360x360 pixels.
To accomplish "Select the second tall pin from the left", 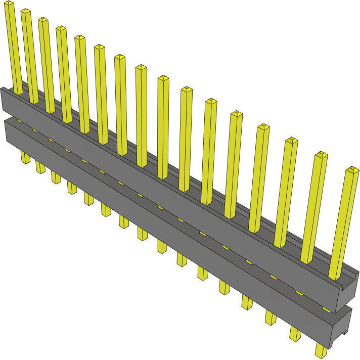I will (x=29, y=56).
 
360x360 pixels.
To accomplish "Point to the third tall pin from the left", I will (x=47, y=66).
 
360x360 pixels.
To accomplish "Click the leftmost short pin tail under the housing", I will (x=25, y=157).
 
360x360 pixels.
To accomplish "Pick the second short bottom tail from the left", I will (x=40, y=167).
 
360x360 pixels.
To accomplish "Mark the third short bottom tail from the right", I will (x=270, y=317).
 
